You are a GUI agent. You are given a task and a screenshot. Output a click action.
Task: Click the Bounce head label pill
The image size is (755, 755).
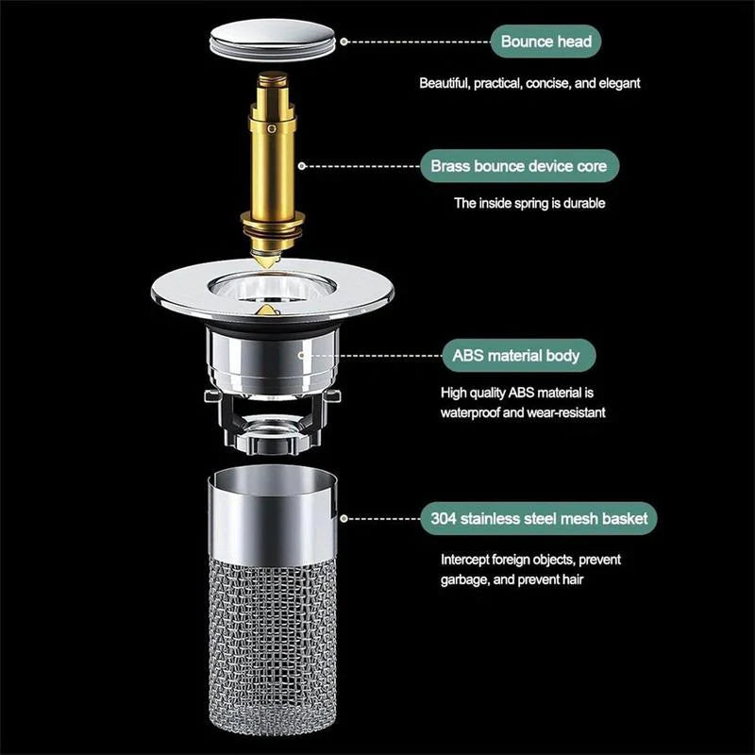click(x=545, y=42)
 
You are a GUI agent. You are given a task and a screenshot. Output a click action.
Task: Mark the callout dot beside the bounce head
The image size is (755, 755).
click(x=344, y=42)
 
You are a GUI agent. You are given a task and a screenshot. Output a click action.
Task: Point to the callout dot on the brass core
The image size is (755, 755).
click(x=302, y=166)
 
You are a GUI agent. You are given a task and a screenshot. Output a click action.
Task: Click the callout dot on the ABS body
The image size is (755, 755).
click(x=303, y=356)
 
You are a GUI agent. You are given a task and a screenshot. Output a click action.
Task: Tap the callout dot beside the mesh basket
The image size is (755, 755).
click(x=345, y=518)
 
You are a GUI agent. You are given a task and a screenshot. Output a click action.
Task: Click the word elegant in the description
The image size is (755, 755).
click(x=619, y=83)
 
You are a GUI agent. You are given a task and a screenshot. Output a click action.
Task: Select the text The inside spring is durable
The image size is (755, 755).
click(x=529, y=203)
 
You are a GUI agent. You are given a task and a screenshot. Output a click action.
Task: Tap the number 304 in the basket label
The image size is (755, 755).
click(x=444, y=518)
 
